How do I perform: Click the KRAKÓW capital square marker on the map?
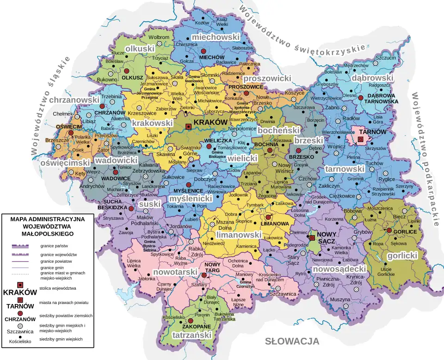tap(188, 126)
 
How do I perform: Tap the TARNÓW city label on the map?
tap(373, 132)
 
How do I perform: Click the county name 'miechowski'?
tap(216, 37)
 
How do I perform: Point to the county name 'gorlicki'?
tap(402, 255)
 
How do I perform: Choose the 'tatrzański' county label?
tap(191, 335)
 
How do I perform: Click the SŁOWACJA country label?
tap(292, 341)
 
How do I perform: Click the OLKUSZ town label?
tap(132, 78)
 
